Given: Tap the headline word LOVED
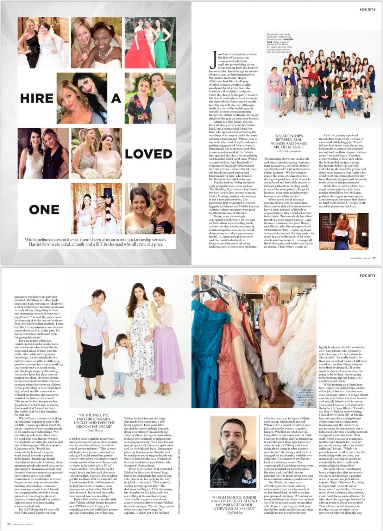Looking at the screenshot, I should click(x=148, y=154).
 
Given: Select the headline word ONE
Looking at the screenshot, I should click(x=44, y=210).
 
